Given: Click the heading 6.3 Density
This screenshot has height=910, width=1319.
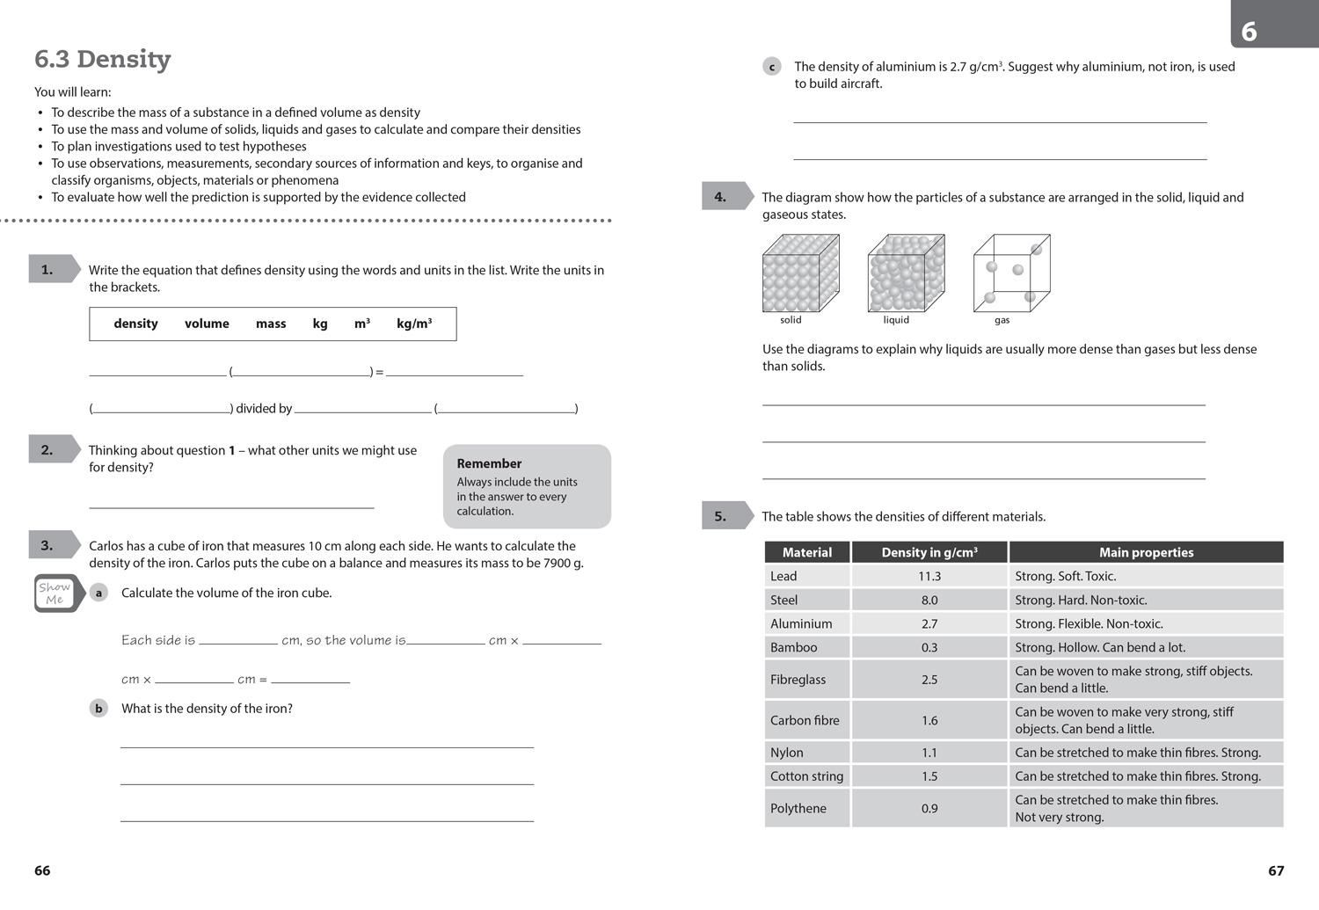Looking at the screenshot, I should click(x=102, y=59).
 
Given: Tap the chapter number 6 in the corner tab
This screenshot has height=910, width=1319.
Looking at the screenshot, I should click(x=1249, y=32).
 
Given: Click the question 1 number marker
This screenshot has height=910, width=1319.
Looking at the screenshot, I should click(x=47, y=270).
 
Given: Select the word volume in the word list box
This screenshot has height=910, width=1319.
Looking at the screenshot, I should click(x=207, y=324).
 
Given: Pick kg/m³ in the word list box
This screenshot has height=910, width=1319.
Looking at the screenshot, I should click(x=414, y=324).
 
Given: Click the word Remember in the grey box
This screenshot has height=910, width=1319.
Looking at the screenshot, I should click(x=489, y=463).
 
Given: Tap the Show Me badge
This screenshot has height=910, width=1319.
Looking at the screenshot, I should click(x=55, y=593).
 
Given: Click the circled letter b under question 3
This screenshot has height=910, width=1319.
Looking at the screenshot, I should click(x=98, y=709).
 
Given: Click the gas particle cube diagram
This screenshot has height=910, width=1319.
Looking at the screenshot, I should click(x=1011, y=273).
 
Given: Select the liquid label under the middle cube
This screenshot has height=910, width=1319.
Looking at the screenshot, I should click(x=896, y=320).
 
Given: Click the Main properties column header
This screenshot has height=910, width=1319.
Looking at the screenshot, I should click(x=1146, y=552).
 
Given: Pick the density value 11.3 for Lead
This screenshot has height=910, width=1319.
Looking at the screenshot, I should click(x=929, y=576).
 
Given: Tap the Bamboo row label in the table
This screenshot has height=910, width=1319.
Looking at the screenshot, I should click(x=794, y=647).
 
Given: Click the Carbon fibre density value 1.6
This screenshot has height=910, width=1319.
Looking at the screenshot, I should click(x=929, y=720).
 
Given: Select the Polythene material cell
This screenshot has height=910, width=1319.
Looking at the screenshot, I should click(x=798, y=808).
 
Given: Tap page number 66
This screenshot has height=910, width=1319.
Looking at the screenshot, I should click(x=42, y=870).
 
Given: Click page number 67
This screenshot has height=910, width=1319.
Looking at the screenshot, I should click(x=1276, y=870).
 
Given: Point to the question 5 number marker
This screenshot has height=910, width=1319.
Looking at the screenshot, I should click(x=720, y=516).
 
